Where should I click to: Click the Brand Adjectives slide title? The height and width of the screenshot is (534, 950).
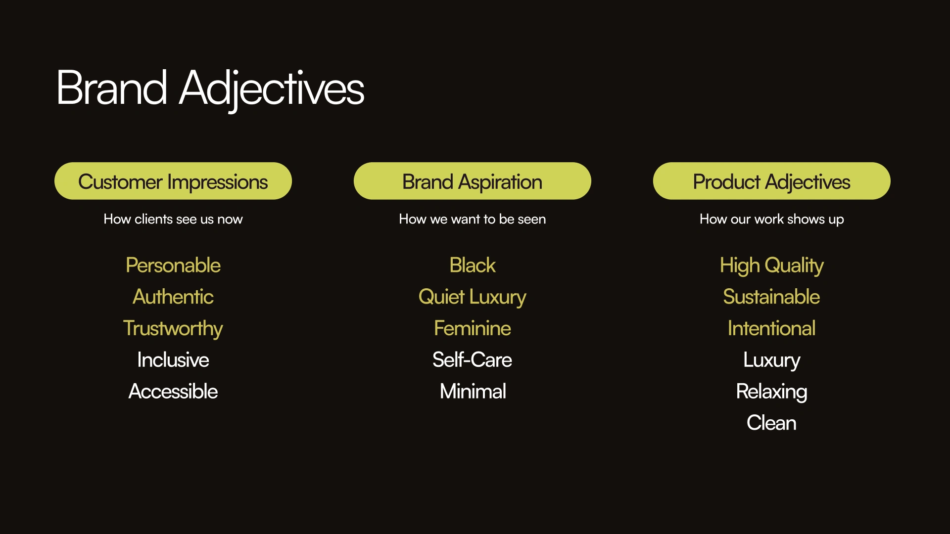coord(210,89)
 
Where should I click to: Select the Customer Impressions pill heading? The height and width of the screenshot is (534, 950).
coord(173,181)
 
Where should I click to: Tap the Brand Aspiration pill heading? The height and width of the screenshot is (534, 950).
coord(473,181)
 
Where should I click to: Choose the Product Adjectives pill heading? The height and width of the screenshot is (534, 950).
coord(772,181)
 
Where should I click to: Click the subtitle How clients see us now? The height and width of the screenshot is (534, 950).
coord(173,219)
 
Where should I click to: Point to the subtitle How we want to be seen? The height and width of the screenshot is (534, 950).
coord(473,219)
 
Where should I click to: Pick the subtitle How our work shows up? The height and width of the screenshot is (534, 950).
coord(772,219)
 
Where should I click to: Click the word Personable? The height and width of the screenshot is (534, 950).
coord(173,266)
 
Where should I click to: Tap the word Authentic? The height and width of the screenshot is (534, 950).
coord(173,297)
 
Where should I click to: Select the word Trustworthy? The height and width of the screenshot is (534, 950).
coord(173,329)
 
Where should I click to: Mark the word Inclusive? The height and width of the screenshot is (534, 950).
coord(173,360)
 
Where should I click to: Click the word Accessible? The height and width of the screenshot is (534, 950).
coord(173,391)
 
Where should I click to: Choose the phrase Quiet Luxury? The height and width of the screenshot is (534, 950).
coord(473,297)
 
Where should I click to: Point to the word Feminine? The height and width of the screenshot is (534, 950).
coord(473,328)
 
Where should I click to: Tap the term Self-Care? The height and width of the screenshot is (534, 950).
coord(473,359)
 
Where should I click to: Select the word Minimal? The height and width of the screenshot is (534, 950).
coord(473,391)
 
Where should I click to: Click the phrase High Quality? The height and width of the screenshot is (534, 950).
coord(772,266)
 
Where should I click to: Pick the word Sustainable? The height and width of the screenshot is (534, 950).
coord(772,297)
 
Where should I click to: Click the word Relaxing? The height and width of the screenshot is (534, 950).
coord(772,392)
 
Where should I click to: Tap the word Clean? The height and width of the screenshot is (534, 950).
coord(772,423)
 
